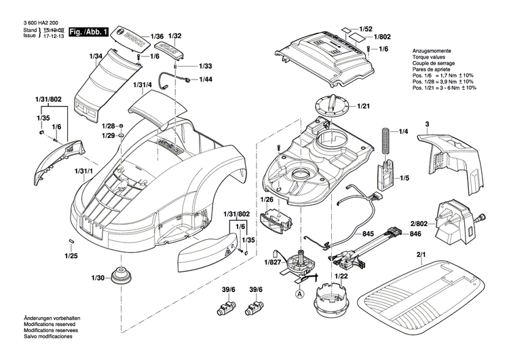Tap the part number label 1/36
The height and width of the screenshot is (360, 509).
tap(157, 35)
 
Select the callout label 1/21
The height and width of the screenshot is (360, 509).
tap(364, 106)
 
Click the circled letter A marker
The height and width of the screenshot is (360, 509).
tap(300, 294)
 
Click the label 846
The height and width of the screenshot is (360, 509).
tap(415, 234)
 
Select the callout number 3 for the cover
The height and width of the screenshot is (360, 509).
tap(427, 124)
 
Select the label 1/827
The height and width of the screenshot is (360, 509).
tap(273, 263)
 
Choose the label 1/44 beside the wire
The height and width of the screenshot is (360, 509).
tap(206, 80)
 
